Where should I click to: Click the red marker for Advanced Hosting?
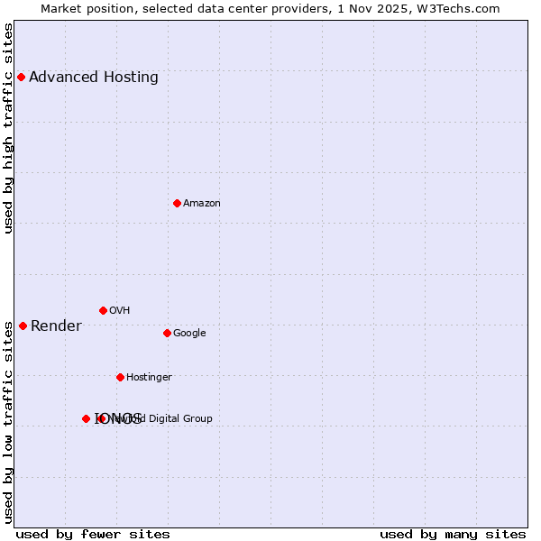21,77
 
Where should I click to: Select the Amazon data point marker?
177,203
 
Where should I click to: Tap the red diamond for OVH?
103,310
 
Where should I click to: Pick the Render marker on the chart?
23,326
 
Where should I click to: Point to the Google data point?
167,333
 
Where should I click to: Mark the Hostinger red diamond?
120,377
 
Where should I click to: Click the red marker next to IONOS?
86,418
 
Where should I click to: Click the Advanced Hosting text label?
94,78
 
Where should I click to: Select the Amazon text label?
202,204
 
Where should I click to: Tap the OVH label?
120,311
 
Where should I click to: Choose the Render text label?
56,326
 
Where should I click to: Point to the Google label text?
189,334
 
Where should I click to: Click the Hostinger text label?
149,378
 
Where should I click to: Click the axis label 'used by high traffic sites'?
9,128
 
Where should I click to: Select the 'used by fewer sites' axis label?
93,535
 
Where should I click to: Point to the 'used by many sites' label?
453,535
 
